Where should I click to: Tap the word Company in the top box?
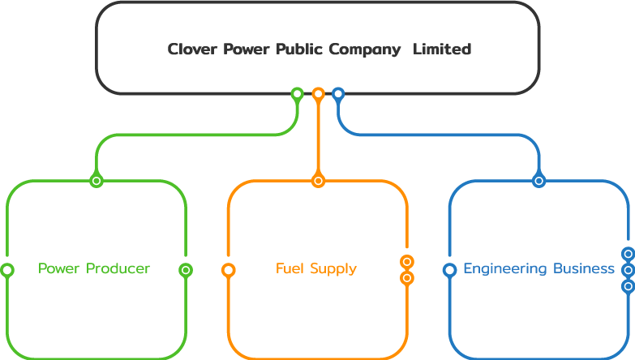tap(364, 50)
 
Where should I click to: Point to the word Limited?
tap(442, 49)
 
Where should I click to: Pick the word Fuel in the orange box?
tap(289, 268)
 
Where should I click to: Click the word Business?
tap(584, 268)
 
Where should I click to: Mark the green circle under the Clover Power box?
tap(298, 94)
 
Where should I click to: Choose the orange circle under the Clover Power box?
tap(319, 94)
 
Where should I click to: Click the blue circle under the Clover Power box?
tap(338, 94)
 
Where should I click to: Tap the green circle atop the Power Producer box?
tap(97, 181)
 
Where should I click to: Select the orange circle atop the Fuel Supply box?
tap(319, 181)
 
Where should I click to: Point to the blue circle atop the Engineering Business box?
tap(539, 181)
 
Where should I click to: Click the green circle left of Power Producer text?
tap(7, 270)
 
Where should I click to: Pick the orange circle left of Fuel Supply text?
tap(229, 270)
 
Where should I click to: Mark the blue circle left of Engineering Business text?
tap(450, 270)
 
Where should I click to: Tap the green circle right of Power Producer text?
tap(186, 270)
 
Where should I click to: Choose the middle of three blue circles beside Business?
tap(628, 270)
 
